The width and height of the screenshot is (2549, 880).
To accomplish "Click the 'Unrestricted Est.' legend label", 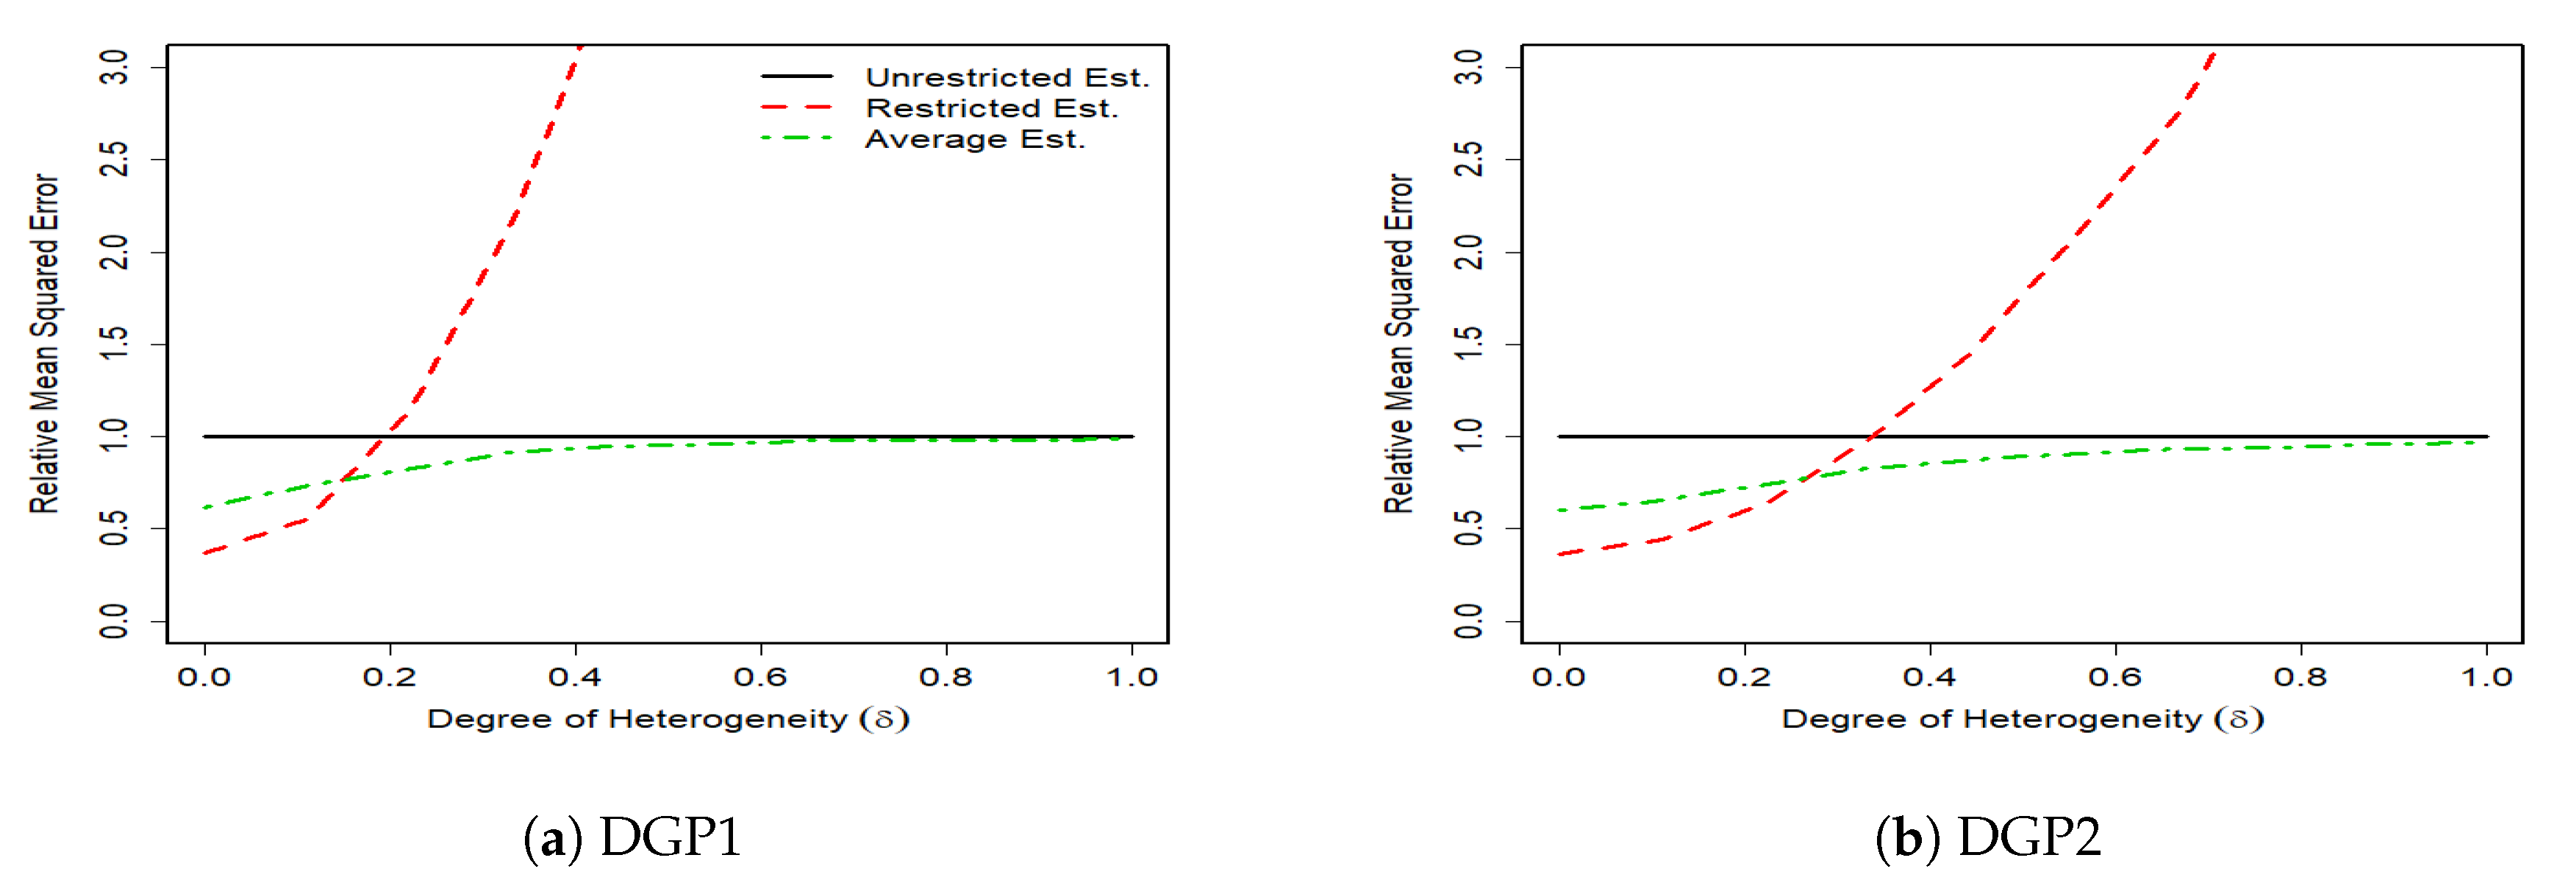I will (1007, 77).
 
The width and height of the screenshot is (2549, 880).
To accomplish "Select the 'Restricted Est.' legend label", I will (992, 108).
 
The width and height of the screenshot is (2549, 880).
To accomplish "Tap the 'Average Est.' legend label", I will (975, 140).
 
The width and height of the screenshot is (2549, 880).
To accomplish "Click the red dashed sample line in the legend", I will (796, 107).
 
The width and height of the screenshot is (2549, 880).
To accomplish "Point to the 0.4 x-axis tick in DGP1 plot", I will (575, 677).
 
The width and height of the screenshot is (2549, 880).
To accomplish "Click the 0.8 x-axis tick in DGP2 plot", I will (2300, 677).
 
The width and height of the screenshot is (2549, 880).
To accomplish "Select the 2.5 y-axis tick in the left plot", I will (115, 160).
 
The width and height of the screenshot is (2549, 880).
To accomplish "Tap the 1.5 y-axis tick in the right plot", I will (1470, 344).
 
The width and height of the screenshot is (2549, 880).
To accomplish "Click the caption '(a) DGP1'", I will (632, 837).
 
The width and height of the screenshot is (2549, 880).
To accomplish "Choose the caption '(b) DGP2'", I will (1987, 837).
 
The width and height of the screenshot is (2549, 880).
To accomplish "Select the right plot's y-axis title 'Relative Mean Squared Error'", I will (1398, 344).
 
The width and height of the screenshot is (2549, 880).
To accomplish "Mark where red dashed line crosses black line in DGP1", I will (386, 436).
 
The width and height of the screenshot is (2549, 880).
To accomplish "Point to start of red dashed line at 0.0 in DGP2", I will (1559, 554).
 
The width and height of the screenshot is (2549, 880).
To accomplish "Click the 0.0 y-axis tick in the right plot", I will (1470, 622).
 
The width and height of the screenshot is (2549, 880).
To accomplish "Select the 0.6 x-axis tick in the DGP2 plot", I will (2116, 677).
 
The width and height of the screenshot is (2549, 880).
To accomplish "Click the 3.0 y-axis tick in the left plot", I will (115, 67).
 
